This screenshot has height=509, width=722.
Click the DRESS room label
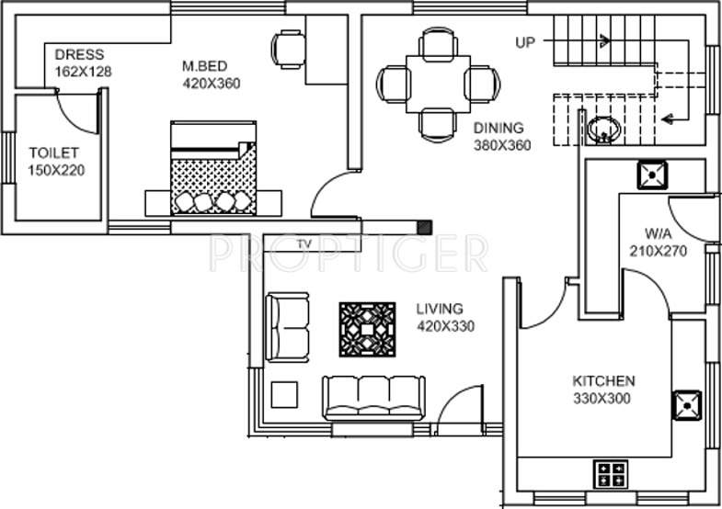coord(79,53)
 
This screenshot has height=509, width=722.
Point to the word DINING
coord(499,129)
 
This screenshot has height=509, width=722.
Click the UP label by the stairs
coord(525,41)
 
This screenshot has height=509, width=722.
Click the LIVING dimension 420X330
coord(445,325)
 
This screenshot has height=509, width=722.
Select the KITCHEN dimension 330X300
coord(603,398)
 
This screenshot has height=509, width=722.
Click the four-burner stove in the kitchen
coord(609,473)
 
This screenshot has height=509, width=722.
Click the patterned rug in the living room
coord(367,330)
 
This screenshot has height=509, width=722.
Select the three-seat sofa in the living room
coord(374,398)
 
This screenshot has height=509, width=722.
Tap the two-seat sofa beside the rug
coord(288,327)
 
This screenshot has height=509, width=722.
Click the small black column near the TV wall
coord(423,226)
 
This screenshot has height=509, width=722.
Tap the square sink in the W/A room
coord(652,174)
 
